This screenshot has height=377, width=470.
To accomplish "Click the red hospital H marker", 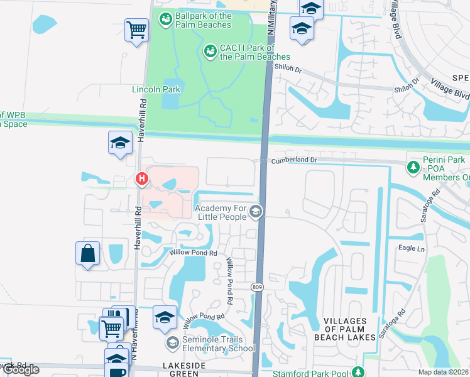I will tap(143, 180).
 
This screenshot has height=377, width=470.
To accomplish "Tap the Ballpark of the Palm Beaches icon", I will tap(166, 20).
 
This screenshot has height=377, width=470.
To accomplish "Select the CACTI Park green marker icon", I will tap(210, 49).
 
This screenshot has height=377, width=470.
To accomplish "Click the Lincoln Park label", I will tap(156, 89).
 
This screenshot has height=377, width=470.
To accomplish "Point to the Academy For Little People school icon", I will tap(255, 212).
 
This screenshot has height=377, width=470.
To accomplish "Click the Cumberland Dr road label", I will tap(295, 161).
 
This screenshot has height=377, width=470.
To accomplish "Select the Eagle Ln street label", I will tap(412, 249).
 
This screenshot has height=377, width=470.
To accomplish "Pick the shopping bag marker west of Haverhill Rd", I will tap(88, 254).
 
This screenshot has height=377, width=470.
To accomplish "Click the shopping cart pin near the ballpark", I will tap(136, 30).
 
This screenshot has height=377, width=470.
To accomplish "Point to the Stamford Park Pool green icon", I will tap(358, 373).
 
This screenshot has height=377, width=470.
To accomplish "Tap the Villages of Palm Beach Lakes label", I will tap(349, 329).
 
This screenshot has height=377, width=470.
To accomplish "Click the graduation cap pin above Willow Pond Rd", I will tap(165, 318).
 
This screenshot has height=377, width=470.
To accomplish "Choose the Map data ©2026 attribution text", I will tap(444, 372).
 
